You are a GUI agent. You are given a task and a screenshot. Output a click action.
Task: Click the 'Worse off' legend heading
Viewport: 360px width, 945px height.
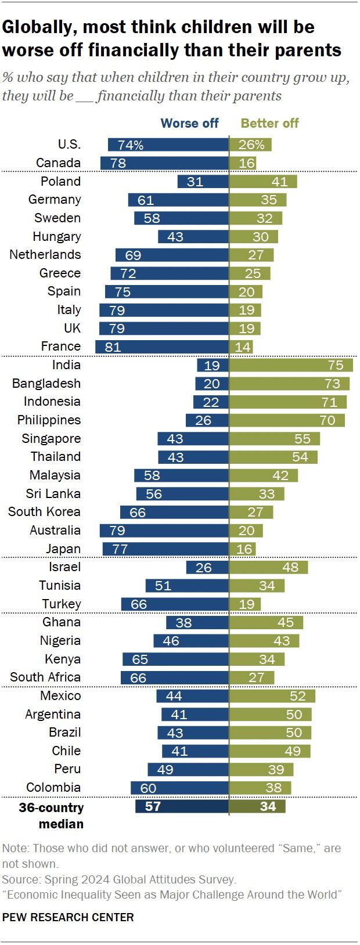(189, 123)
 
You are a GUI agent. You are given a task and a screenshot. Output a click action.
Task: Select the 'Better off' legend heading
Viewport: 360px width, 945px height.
(269, 123)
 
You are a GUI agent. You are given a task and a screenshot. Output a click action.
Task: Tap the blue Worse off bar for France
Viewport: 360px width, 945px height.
(162, 347)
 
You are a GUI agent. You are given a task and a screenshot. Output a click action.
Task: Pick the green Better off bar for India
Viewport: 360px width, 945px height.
(291, 365)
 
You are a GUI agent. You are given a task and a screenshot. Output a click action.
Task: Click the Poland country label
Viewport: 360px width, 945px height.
(60, 181)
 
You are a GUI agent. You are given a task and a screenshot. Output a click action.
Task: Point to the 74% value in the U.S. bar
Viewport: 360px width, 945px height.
(131, 145)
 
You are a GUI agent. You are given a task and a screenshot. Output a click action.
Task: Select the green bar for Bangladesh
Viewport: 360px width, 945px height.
(290, 384)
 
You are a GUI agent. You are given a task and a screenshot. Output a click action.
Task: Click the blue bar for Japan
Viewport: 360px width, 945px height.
(165, 549)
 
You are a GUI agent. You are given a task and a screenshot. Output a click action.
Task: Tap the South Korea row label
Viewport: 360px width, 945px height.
(44, 512)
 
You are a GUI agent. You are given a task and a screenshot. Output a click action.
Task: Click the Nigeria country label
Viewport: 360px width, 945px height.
(60, 640)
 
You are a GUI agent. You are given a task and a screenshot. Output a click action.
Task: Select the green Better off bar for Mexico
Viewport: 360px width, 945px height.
(272, 696)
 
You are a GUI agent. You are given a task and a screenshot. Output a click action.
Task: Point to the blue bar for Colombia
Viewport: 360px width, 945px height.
(179, 788)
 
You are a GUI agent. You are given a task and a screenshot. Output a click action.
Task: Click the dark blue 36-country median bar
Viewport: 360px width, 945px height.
(182, 806)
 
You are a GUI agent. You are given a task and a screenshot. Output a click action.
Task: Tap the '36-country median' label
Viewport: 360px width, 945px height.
(52, 815)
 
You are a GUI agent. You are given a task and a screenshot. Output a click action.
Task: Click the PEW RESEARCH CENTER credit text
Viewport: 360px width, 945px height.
(68, 917)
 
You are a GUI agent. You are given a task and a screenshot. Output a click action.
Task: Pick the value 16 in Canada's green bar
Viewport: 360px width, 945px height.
(247, 163)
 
